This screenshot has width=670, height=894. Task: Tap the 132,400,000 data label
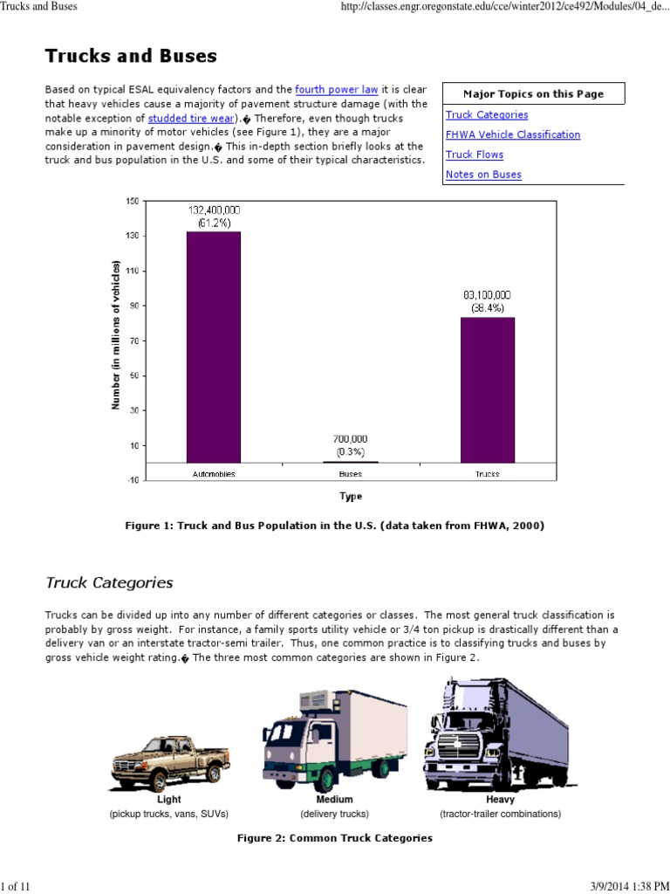coord(214,210)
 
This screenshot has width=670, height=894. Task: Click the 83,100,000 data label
coord(488,295)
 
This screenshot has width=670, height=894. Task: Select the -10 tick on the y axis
coord(133,480)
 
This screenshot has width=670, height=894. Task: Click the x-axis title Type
coord(351,496)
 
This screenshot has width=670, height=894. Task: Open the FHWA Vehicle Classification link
coord(512,134)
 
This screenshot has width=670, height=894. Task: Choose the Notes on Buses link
coord(483,175)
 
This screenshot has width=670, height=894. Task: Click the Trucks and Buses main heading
coord(131,57)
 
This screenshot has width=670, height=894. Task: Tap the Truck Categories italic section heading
coord(109,582)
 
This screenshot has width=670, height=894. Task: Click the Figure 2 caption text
coord(335,838)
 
